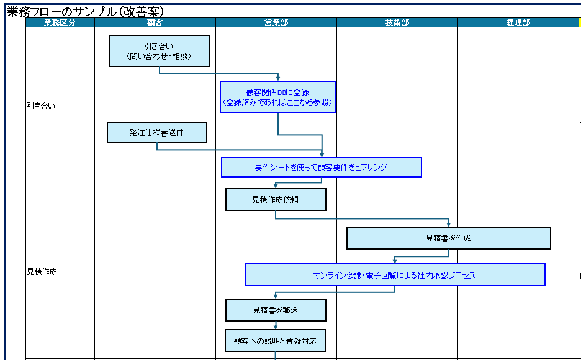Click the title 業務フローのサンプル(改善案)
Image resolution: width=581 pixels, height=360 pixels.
click(x=85, y=11)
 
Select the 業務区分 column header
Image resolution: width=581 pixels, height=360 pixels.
click(x=60, y=23)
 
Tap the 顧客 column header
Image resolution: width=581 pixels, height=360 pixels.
click(x=155, y=23)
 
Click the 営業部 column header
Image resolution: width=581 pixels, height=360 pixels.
click(x=276, y=23)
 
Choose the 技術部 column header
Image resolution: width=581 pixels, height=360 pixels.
click(x=397, y=23)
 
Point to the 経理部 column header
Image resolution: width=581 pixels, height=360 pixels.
click(x=518, y=23)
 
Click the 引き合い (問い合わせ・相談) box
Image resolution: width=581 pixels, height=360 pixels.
click(x=159, y=51)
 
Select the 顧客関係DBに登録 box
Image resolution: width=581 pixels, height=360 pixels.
click(x=277, y=97)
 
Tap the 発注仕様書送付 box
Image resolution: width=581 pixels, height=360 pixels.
click(x=156, y=133)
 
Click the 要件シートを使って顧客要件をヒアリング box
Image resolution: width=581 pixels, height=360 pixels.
click(x=321, y=168)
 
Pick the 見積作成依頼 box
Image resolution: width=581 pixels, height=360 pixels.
click(x=275, y=200)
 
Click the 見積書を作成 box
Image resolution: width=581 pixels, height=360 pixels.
click(x=448, y=238)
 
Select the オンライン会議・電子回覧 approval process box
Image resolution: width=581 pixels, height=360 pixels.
click(x=395, y=275)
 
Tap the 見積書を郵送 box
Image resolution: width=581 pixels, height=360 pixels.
click(x=275, y=310)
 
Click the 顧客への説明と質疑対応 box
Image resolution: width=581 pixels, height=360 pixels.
click(x=275, y=341)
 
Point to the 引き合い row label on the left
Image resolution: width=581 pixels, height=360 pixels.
click(x=41, y=106)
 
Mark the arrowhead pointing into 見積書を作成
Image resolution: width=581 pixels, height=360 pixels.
click(x=448, y=224)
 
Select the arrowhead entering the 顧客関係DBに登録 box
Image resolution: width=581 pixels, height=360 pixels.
click(x=278, y=78)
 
